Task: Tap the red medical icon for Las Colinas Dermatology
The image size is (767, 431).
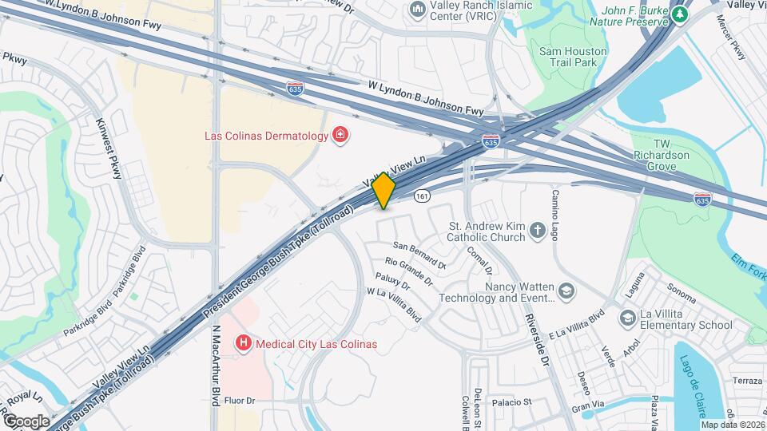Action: pyautogui.click(x=340, y=135)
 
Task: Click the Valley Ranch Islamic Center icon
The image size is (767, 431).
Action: pyautogui.click(x=417, y=10)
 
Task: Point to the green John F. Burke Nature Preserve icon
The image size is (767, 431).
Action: pyautogui.click(x=680, y=14)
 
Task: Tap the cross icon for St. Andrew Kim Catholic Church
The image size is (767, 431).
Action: pyautogui.click(x=538, y=231)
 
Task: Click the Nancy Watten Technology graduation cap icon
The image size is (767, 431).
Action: pyautogui.click(x=566, y=291)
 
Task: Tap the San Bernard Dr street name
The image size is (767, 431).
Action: pyautogui.click(x=417, y=252)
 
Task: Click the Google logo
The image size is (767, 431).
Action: pyautogui.click(x=26, y=421)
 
